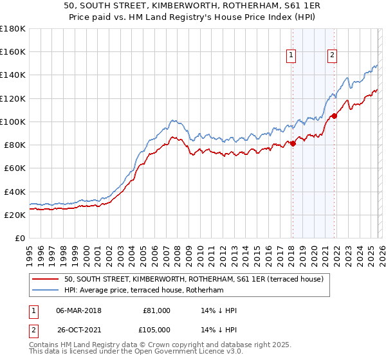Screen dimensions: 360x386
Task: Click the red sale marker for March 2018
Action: [x=292, y=143]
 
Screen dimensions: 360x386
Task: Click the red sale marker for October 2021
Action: [x=334, y=116]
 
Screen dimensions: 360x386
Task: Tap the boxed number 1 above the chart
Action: [x=291, y=56]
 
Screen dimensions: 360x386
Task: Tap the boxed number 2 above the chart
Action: [x=333, y=56]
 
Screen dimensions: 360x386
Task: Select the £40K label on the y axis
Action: [x=15, y=192]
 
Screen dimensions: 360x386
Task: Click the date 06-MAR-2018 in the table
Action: [x=78, y=310]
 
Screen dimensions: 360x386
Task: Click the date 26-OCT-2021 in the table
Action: [x=78, y=331]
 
